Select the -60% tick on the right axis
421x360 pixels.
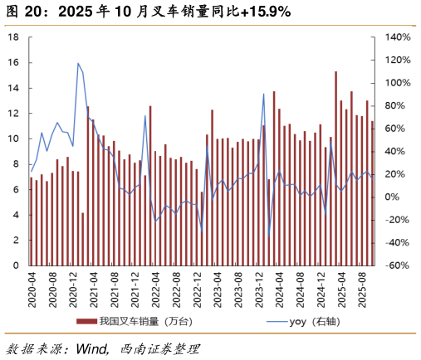[x=396, y=265]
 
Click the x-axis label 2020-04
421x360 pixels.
[x=32, y=290]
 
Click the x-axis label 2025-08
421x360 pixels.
[x=362, y=290]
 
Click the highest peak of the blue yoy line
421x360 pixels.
[x=78, y=63]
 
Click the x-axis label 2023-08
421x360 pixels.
[x=238, y=290]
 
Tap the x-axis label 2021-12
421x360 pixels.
[x=136, y=290]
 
